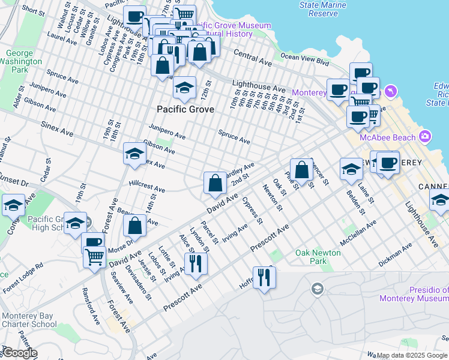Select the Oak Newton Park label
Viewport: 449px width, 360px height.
point(319,257)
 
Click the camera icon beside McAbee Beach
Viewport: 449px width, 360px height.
point(426,136)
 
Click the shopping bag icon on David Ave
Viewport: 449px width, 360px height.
point(215,183)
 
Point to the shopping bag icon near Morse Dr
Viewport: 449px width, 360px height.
point(136,226)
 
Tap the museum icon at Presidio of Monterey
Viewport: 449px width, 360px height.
point(316,290)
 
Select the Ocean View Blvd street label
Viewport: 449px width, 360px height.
point(305,59)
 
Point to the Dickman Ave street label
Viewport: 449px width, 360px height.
point(396,255)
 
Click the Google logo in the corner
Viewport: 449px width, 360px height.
point(19,353)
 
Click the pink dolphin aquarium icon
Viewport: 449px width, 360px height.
point(391,91)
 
